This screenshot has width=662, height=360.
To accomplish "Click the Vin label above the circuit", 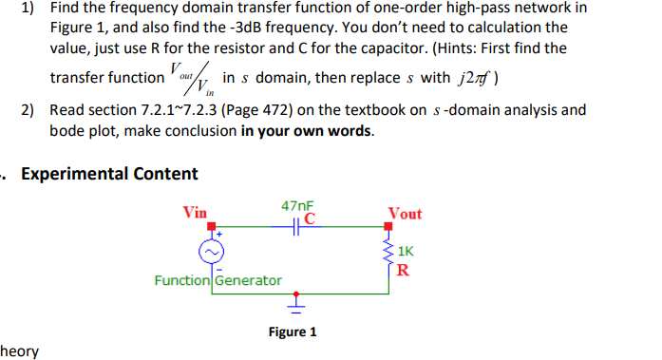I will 195,213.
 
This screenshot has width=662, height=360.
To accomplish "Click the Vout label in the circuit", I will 405,214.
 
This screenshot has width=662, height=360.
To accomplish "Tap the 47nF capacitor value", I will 297,205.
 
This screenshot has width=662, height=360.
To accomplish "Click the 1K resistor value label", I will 406,252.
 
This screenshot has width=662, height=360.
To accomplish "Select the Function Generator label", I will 218,280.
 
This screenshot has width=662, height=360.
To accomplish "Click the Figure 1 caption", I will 293,332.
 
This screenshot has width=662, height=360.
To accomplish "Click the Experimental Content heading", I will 109,174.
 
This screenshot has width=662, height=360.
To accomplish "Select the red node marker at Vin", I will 215,226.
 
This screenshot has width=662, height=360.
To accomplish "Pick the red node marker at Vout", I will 388,226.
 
